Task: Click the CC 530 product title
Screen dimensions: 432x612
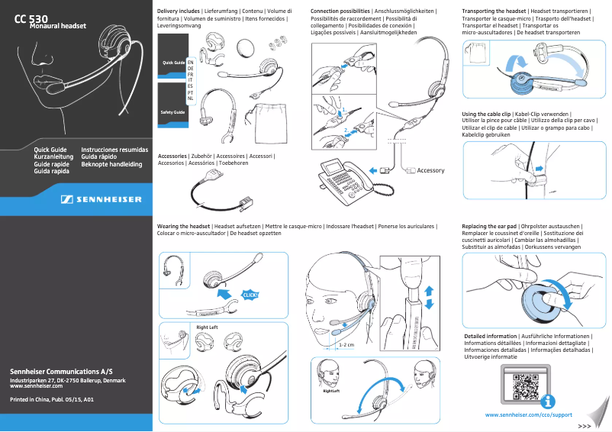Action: point(31,18)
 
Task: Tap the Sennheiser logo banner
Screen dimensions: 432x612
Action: point(101,199)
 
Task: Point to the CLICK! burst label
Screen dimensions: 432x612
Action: point(250,295)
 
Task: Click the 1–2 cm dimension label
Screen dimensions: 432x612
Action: point(346,345)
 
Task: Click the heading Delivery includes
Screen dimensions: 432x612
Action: point(179,11)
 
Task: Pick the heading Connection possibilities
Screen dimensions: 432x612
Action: point(340,11)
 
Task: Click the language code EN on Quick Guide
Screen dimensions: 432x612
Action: point(190,60)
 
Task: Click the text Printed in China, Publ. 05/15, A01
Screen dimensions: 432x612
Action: point(51,399)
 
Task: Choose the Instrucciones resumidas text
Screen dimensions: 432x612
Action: point(114,150)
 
